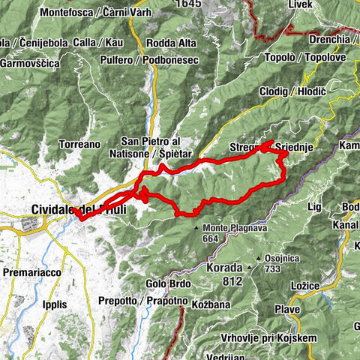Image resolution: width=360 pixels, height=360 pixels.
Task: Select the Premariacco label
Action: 33,271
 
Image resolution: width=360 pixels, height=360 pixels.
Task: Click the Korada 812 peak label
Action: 221,273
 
